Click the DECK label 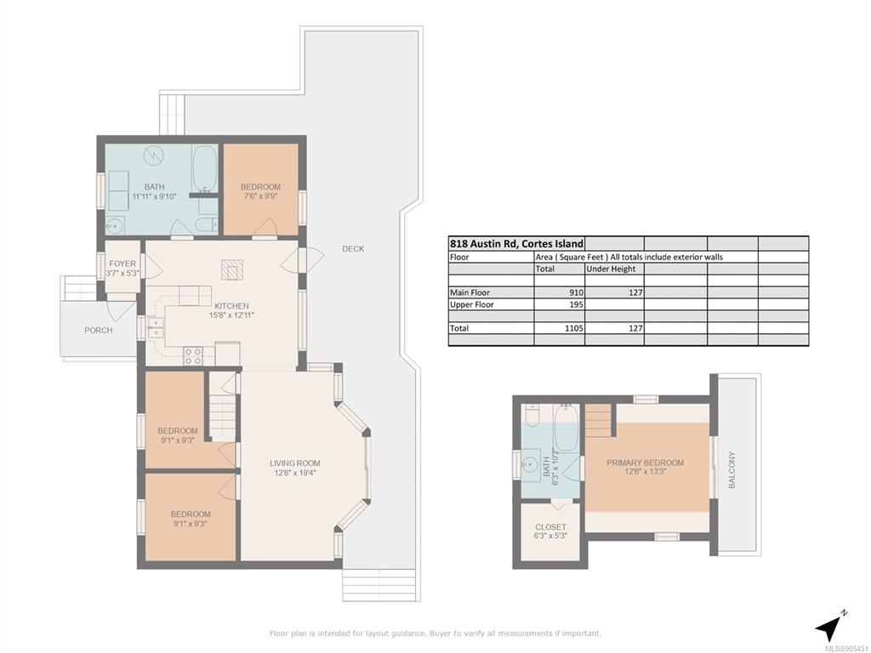pyautogui.click(x=353, y=249)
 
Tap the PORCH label pyautogui.click(x=99, y=331)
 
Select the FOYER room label pyautogui.click(x=122, y=264)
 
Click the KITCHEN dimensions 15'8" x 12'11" pyautogui.click(x=231, y=315)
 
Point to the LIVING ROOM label pyautogui.click(x=295, y=463)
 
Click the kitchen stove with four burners pyautogui.click(x=193, y=355)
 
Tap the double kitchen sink pyautogui.click(x=155, y=327)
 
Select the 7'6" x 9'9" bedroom pyautogui.click(x=260, y=190)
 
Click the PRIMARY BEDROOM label pyautogui.click(x=645, y=463)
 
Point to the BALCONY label pyautogui.click(x=732, y=469)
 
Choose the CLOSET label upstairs pyautogui.click(x=550, y=527)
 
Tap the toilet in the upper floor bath pyautogui.click(x=532, y=415)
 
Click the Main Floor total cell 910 pyautogui.click(x=576, y=292)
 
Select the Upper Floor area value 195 pyautogui.click(x=576, y=304)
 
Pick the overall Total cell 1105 pyautogui.click(x=574, y=328)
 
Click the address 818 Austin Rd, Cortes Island pyautogui.click(x=516, y=243)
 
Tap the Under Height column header pyautogui.click(x=611, y=269)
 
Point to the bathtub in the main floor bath pyautogui.click(x=204, y=168)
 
